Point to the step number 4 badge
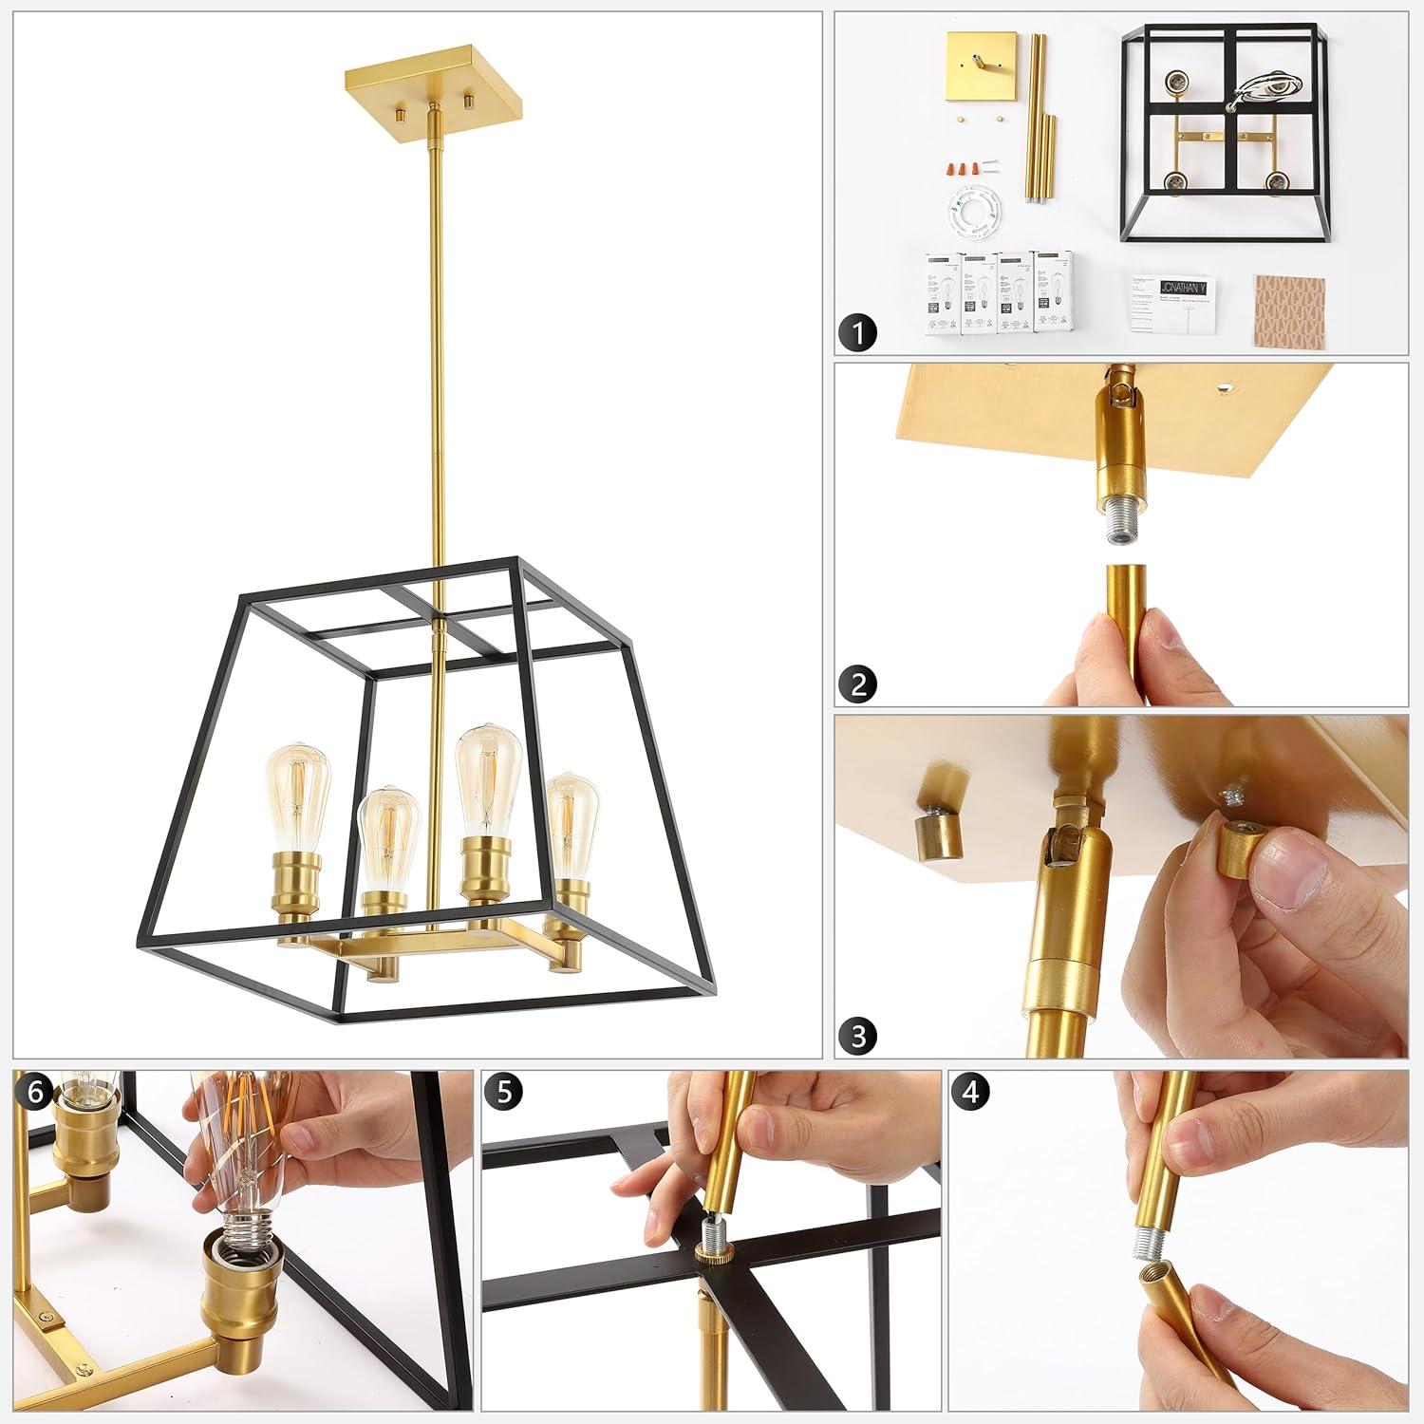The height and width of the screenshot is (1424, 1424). point(969,1093)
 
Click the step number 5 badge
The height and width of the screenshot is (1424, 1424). point(503,1093)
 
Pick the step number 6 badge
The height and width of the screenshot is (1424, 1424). point(35,1093)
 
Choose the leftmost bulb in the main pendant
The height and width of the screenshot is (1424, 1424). point(295,793)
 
